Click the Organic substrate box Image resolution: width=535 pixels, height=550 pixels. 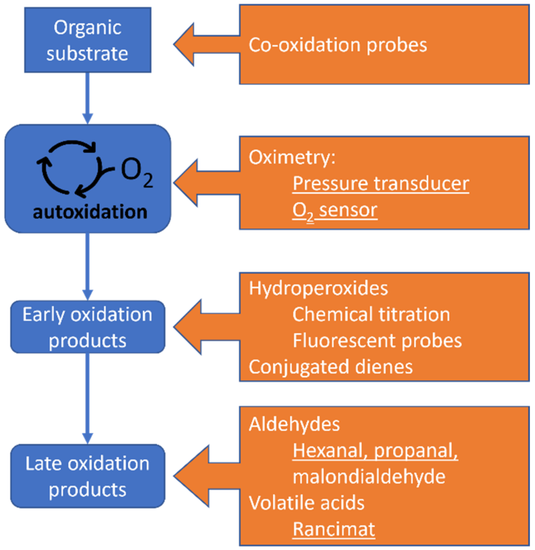tap(88, 40)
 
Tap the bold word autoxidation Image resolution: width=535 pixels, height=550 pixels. tap(90, 212)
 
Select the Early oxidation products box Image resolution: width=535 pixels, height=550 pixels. tap(88, 327)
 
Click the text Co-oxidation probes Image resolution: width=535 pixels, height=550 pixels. tap(338, 45)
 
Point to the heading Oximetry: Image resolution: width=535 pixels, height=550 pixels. tap(292, 157)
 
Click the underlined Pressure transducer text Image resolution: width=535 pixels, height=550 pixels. tap(381, 184)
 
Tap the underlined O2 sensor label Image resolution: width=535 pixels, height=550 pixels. tap(335, 210)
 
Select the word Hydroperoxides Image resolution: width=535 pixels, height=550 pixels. tap(318, 288)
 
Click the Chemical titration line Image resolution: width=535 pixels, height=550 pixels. tap(371, 314)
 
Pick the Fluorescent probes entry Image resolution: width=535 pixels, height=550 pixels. tap(377, 341)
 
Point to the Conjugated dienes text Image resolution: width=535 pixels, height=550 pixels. tap(330, 367)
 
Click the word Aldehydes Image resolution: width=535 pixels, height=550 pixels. tap(294, 424)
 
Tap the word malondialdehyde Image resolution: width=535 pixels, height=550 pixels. tap(369, 477)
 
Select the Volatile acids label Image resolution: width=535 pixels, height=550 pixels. tap(306, 503)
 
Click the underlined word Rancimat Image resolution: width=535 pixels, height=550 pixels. tap(334, 529)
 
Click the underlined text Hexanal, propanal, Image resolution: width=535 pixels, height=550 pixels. tap(375, 451)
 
